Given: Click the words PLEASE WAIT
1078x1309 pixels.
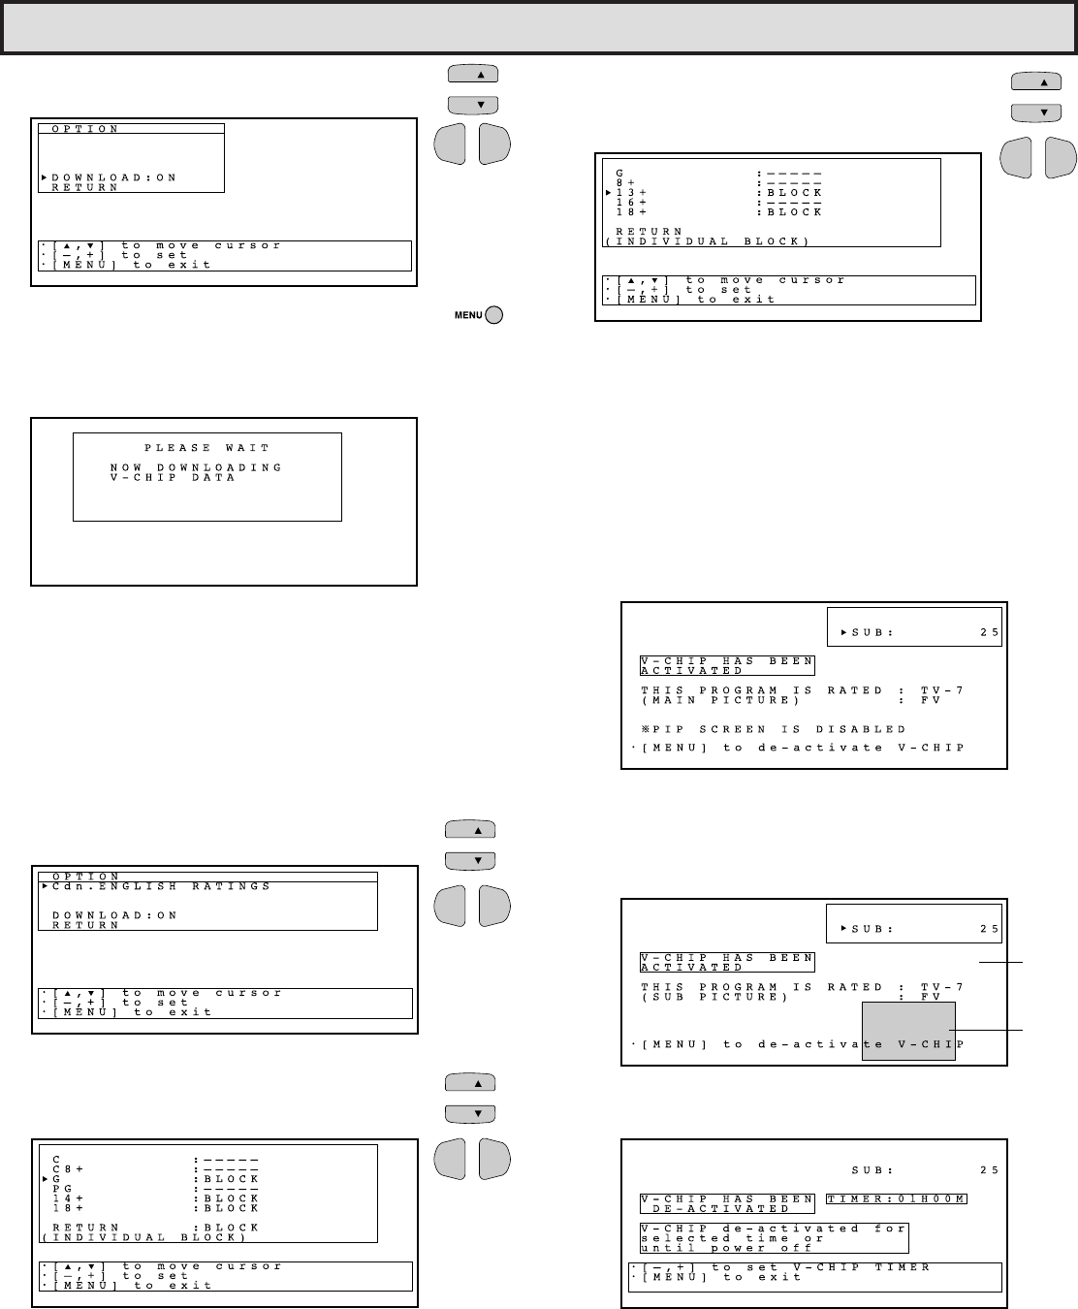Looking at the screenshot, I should click(x=206, y=448).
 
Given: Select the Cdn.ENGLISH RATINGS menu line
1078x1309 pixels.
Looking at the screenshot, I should click(x=161, y=886).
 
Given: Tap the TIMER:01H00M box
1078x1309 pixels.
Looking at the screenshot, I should click(x=896, y=1199).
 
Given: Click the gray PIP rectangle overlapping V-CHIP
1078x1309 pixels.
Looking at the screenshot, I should click(x=908, y=1031).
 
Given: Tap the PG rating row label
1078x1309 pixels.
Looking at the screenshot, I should click(x=62, y=1189).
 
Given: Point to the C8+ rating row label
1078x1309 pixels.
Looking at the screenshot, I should click(x=67, y=1169).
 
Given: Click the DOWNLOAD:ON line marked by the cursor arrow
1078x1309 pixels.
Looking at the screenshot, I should click(x=114, y=178).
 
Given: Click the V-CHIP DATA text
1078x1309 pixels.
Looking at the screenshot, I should click(x=173, y=477).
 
